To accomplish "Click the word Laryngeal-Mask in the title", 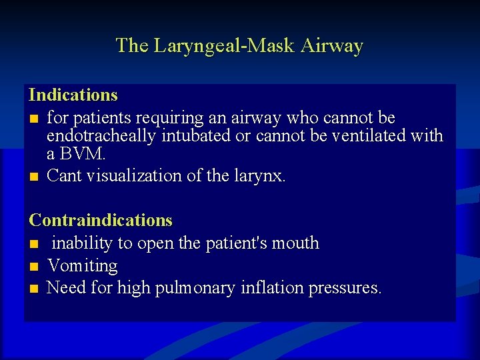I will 225,46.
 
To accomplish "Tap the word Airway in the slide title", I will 332,46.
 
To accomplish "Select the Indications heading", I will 73,95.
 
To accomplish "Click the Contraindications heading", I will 101,220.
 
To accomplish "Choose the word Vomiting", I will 83,266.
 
